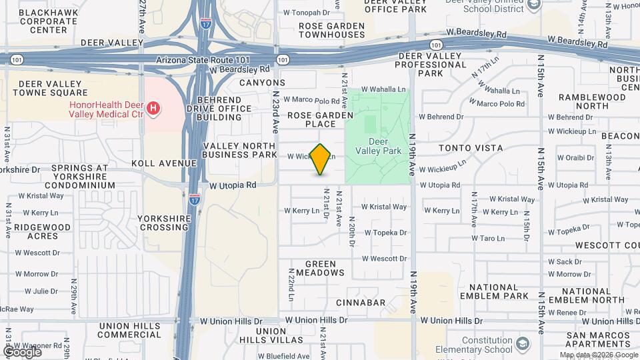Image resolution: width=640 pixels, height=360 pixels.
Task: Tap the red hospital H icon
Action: click(153, 108)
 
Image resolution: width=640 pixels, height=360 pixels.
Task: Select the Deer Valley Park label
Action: click(387, 146)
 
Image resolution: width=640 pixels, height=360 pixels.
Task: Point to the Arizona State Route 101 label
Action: click(203, 60)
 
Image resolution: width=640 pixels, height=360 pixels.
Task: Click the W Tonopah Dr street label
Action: click(307, 12)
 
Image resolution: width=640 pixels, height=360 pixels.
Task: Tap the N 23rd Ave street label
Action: click(275, 110)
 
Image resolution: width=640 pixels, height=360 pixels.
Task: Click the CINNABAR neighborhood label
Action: click(361, 303)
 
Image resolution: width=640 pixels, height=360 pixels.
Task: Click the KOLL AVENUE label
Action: click(164, 163)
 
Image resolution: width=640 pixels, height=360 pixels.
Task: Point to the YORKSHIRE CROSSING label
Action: click(163, 223)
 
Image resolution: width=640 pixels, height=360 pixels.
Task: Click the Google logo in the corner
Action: click(22, 351)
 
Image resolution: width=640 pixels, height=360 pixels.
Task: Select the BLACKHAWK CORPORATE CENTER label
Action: click(48, 21)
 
